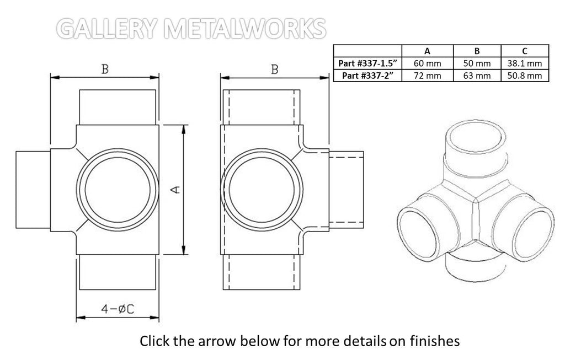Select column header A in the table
coord(427,51)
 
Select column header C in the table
coord(524,51)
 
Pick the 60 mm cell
coord(427,63)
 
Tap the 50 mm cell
coord(476,63)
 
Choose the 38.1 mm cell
coord(524,63)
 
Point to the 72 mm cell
coord(427,76)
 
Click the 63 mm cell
coord(476,76)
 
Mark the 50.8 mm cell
coord(524,76)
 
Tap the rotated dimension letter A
coord(175,189)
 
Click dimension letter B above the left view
coord(104,69)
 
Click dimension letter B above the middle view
coord(274,69)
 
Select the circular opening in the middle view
coord(263,190)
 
